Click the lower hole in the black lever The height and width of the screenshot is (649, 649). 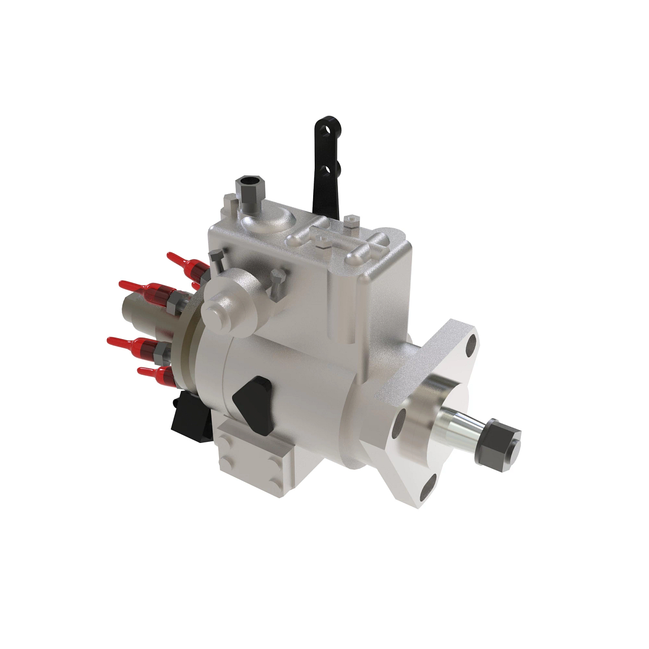click(x=325, y=169)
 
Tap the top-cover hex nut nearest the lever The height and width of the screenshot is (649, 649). click(x=350, y=221)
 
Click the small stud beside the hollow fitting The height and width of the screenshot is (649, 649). click(x=228, y=204)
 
